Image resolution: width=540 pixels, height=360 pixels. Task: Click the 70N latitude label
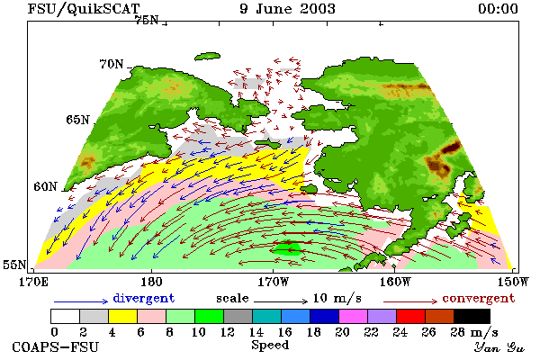point(112,64)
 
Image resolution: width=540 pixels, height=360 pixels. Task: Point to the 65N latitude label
point(77,120)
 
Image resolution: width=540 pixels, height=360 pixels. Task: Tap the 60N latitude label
point(45,186)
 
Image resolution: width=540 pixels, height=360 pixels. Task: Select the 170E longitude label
point(34,282)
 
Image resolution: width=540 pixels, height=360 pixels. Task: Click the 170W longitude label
point(273,282)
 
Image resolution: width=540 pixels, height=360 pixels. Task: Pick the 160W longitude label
point(395,282)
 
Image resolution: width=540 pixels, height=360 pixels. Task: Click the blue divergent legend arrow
point(81,301)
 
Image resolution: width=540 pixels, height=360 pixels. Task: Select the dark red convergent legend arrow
point(410,301)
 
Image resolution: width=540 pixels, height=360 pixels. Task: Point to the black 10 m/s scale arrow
point(281,301)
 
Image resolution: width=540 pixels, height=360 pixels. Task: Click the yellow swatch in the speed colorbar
point(122,316)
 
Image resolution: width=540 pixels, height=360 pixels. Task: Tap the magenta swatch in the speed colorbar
point(354,316)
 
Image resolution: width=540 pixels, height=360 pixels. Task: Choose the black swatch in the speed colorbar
point(472,316)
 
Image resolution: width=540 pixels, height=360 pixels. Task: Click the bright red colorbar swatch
point(411,316)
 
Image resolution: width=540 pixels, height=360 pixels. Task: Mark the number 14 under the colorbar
point(256,332)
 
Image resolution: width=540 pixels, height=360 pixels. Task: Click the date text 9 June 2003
point(287,9)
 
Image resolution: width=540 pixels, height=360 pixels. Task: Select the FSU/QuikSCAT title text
point(84,9)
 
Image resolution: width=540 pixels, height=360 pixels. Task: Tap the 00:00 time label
point(498,9)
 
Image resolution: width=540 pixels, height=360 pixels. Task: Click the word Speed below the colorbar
point(270,346)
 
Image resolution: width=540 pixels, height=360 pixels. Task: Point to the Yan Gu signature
point(499,347)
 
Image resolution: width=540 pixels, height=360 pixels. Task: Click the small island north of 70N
point(207,56)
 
